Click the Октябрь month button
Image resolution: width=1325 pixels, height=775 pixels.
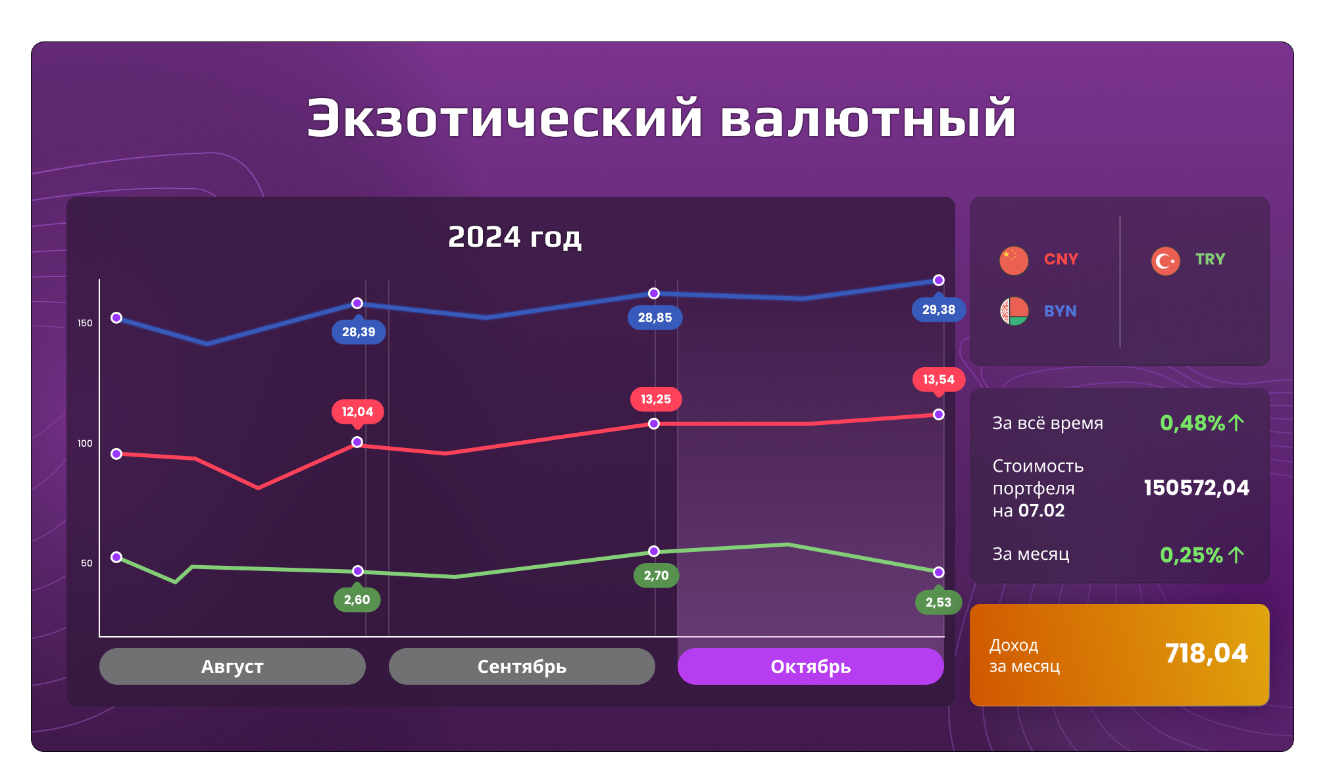(x=811, y=666)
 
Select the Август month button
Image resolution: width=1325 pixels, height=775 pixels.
(x=232, y=666)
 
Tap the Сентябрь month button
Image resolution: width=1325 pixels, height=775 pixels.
(x=522, y=666)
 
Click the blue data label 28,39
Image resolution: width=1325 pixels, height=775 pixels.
(x=359, y=332)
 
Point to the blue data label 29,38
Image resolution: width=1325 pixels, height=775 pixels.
(x=939, y=309)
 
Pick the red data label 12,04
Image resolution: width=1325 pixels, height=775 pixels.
(x=358, y=412)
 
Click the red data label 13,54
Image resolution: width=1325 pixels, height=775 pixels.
(x=939, y=380)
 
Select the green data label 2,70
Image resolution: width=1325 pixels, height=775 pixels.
(x=656, y=576)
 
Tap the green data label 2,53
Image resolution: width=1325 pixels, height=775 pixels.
(x=939, y=602)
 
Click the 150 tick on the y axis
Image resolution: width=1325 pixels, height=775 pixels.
(x=85, y=323)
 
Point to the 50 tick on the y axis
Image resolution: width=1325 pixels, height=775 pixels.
(x=87, y=563)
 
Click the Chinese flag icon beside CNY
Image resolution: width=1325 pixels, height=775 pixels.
(x=1014, y=261)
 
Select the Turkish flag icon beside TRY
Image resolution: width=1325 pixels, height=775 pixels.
(x=1166, y=261)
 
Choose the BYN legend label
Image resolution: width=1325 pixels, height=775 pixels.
(x=1061, y=311)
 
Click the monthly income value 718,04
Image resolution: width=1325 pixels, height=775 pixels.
(x=1207, y=653)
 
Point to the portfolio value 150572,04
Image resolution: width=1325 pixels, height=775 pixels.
(x=1197, y=488)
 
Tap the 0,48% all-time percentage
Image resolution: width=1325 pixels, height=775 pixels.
(x=1193, y=423)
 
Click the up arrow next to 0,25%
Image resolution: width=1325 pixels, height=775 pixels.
(x=1236, y=555)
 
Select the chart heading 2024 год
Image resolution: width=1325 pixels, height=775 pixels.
(x=514, y=237)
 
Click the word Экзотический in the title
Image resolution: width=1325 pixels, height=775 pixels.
(x=505, y=118)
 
